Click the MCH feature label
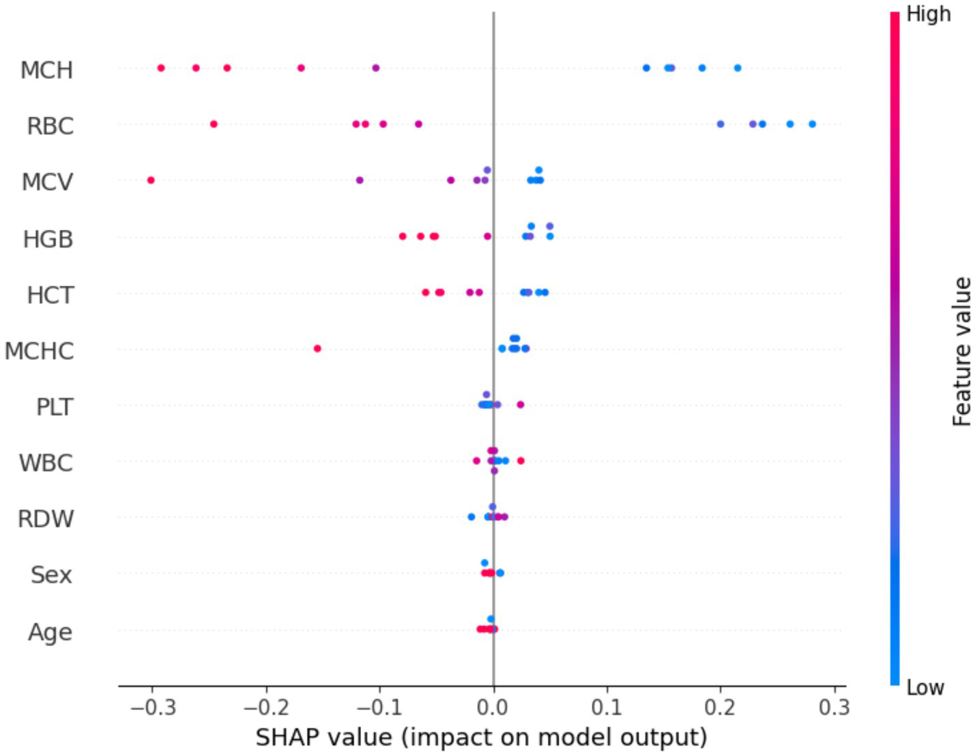pyautogui.click(x=46, y=70)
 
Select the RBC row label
pyautogui.click(x=50, y=126)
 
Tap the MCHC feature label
pyautogui.click(x=39, y=351)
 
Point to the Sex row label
pyautogui.click(x=51, y=575)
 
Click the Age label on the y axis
pyautogui.click(x=50, y=632)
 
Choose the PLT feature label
pyautogui.click(x=54, y=407)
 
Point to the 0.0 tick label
pyautogui.click(x=493, y=707)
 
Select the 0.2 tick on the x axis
pyautogui.click(x=721, y=707)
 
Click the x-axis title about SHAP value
pyautogui.click(x=481, y=738)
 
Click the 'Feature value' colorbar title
pyautogui.click(x=961, y=351)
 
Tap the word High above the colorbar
pyautogui.click(x=928, y=14)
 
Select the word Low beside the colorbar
pyautogui.click(x=925, y=687)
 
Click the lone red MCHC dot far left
pyautogui.click(x=317, y=349)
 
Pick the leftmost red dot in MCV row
pyautogui.click(x=151, y=180)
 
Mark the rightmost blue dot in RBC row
pyautogui.click(x=812, y=124)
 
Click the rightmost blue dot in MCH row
pyautogui.click(x=738, y=68)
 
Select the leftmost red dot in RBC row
pyautogui.click(x=214, y=124)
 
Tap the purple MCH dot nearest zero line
pyautogui.click(x=375, y=68)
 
